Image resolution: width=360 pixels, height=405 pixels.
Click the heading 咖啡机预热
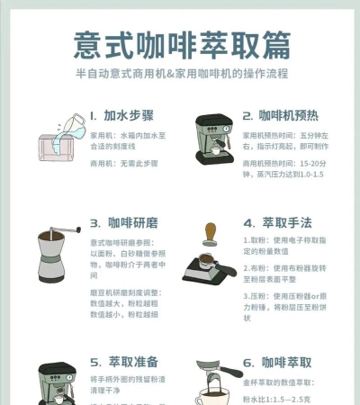click(x=284, y=116)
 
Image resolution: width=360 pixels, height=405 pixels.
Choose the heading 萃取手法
click(x=287, y=222)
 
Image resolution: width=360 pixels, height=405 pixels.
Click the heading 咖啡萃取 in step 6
click(x=287, y=363)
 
